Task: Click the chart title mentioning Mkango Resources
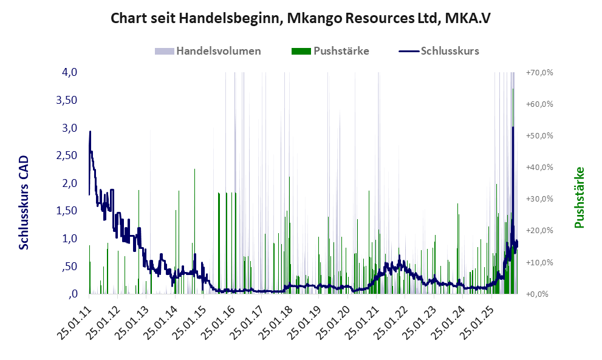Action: click(x=301, y=18)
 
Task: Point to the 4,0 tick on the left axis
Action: click(x=69, y=72)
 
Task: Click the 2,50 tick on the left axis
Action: click(x=67, y=155)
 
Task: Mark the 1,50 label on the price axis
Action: click(x=67, y=211)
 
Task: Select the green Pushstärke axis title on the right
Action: click(x=578, y=197)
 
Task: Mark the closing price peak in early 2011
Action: click(x=91, y=132)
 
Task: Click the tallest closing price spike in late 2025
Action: click(x=513, y=127)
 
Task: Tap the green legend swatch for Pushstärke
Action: click(x=301, y=51)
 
